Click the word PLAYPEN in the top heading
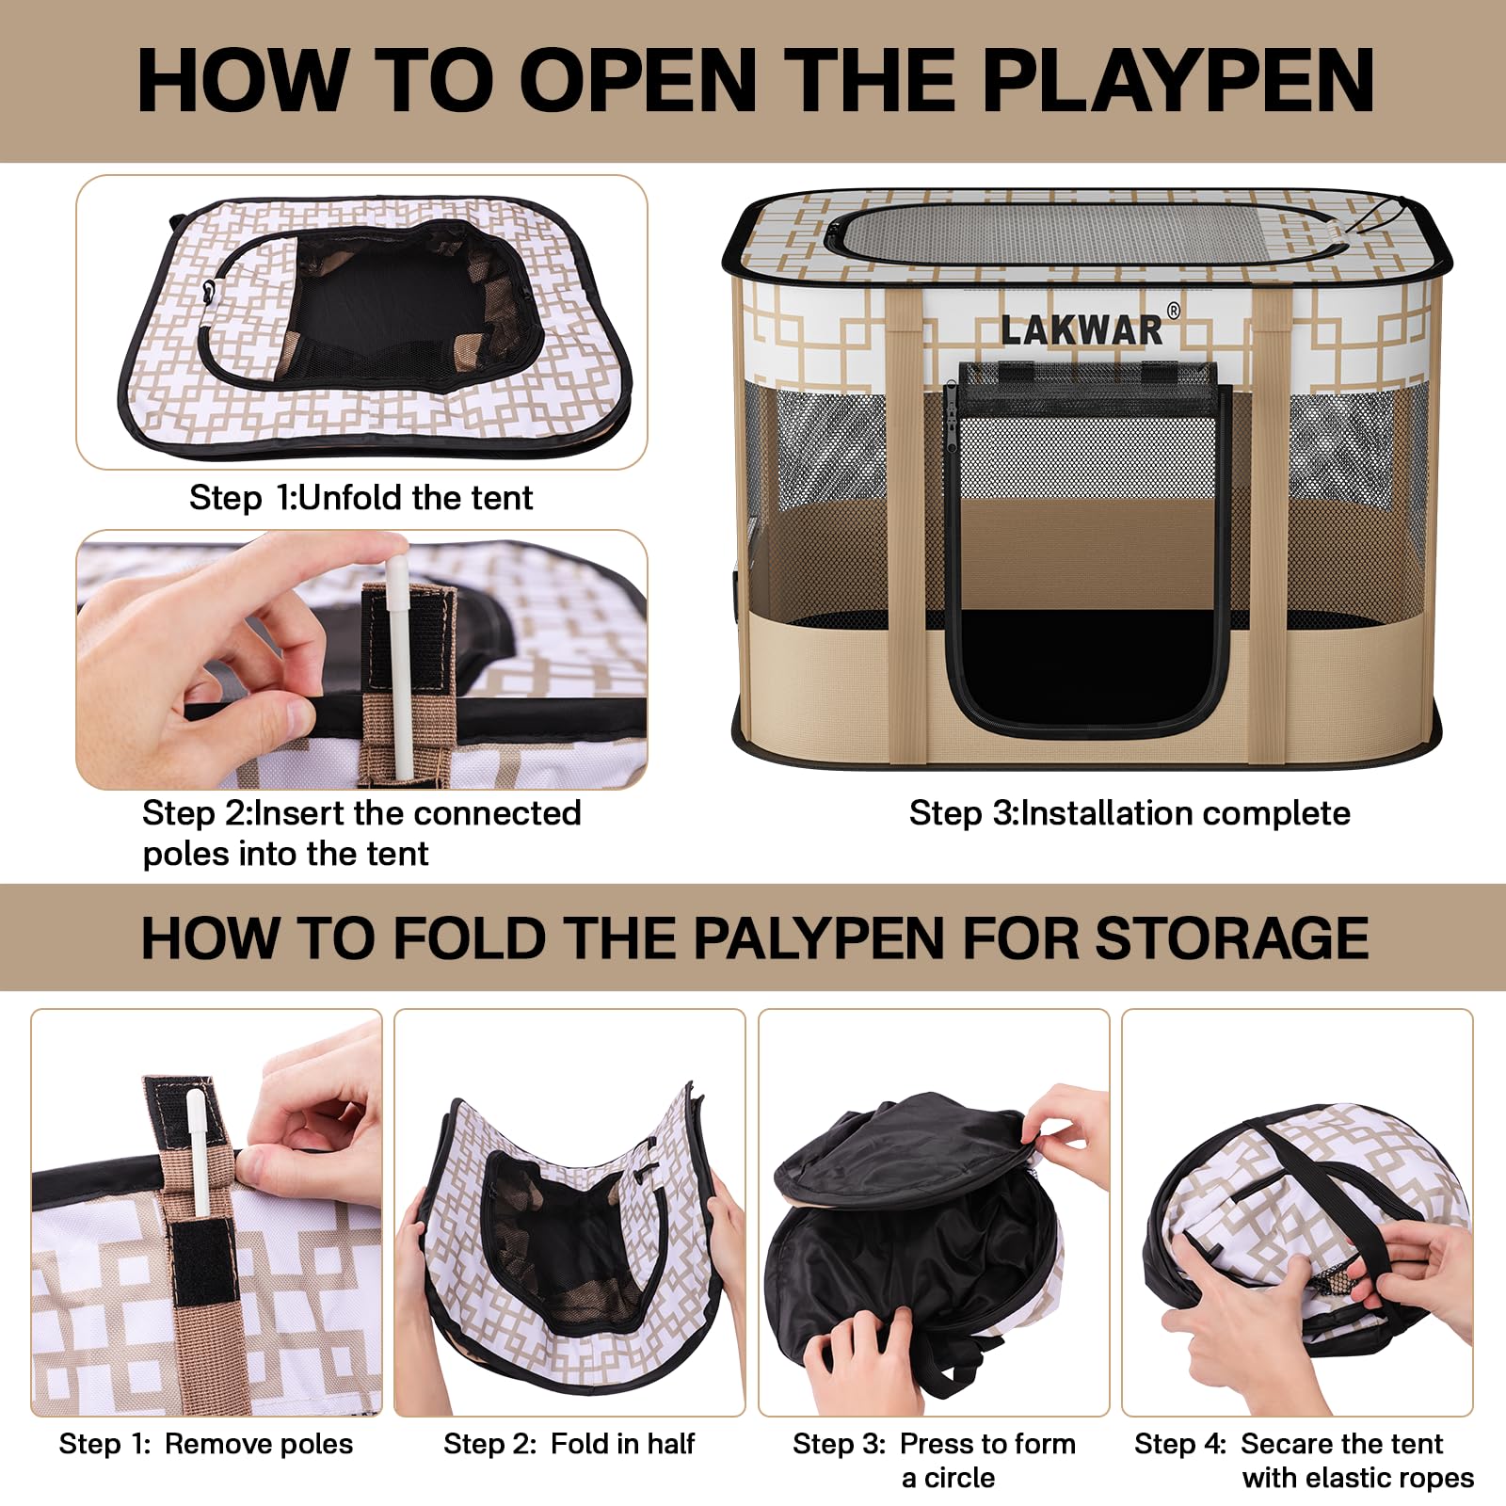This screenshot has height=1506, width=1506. pos(1177,80)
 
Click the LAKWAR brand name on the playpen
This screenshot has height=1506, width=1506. pos(1081,330)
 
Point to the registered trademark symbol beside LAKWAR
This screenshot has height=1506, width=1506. pos(1173,311)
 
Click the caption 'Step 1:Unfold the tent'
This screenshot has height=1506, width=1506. pos(360,497)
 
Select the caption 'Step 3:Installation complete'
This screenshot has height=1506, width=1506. pos(1129,812)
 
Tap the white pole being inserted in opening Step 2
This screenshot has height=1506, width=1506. pos(400,659)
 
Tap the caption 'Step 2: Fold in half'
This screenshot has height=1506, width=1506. pos(569,1443)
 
